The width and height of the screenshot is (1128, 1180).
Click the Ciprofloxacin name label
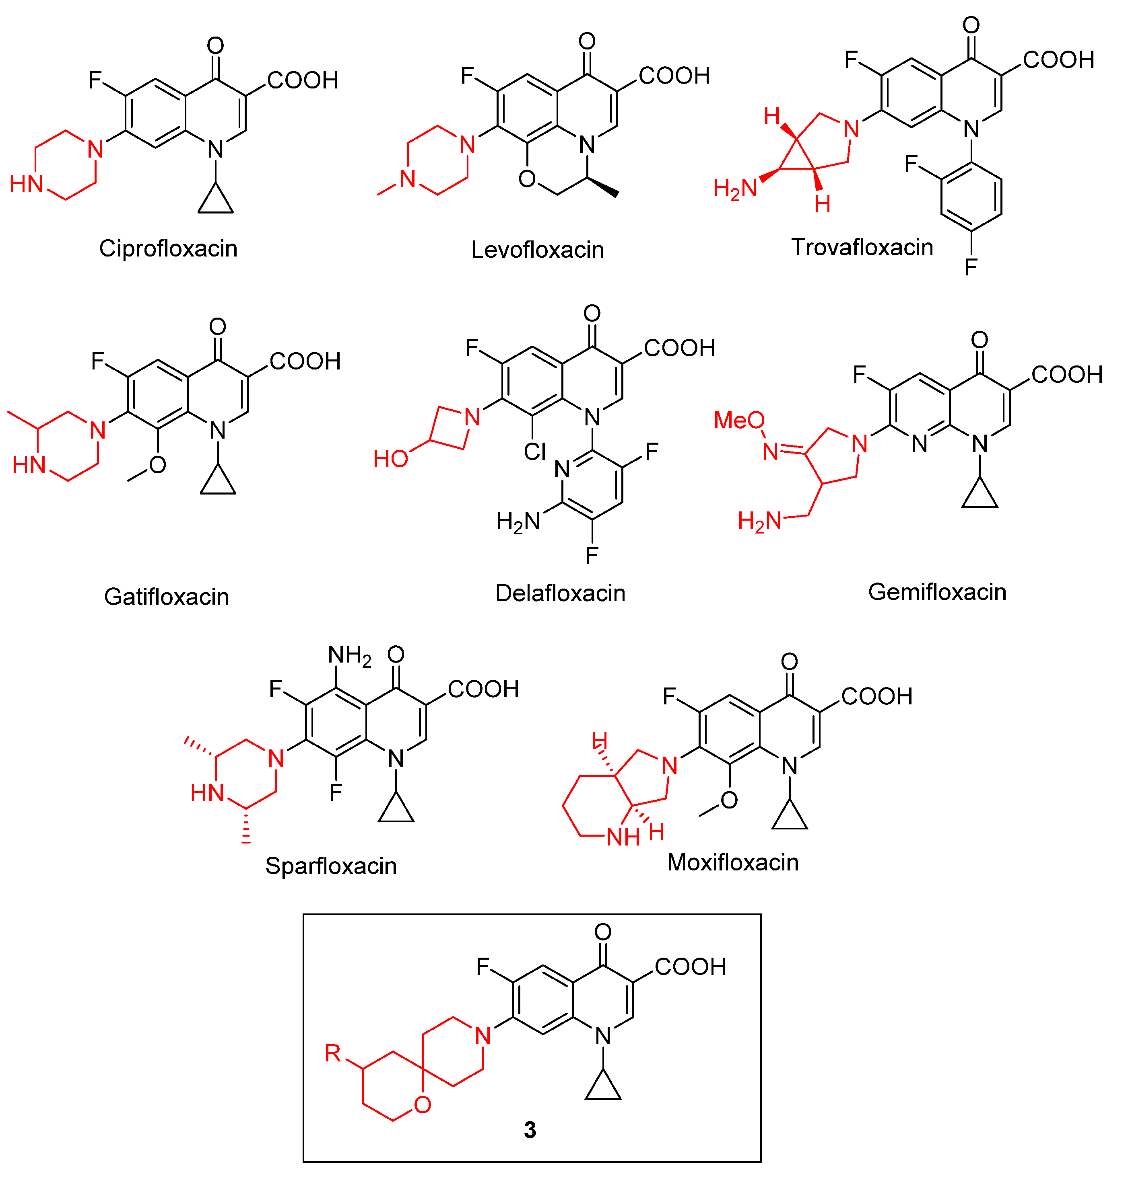[168, 248]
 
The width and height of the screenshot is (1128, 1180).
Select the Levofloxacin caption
[537, 249]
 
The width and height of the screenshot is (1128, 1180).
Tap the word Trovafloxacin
[862, 247]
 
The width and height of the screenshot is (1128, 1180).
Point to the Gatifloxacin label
[167, 597]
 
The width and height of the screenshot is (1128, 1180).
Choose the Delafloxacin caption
[560, 593]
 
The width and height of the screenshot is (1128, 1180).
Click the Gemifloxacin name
[937, 592]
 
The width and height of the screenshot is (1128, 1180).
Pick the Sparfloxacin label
[331, 866]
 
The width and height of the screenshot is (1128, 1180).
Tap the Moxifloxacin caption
[732, 862]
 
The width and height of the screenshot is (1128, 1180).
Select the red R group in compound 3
[332, 1052]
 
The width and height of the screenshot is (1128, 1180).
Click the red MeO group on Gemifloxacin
[739, 420]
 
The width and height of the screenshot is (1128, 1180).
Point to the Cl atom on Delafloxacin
[534, 451]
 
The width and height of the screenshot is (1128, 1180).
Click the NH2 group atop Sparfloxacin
[349, 655]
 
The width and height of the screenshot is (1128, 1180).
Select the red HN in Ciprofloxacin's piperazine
[27, 184]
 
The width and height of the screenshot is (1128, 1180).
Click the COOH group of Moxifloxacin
[876, 696]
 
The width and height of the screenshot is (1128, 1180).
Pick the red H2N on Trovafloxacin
[734, 189]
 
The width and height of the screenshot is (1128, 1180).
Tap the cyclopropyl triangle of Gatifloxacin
[218, 482]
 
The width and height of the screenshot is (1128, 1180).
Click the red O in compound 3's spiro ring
[423, 1104]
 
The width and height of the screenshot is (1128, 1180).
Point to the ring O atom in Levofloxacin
[527, 179]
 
